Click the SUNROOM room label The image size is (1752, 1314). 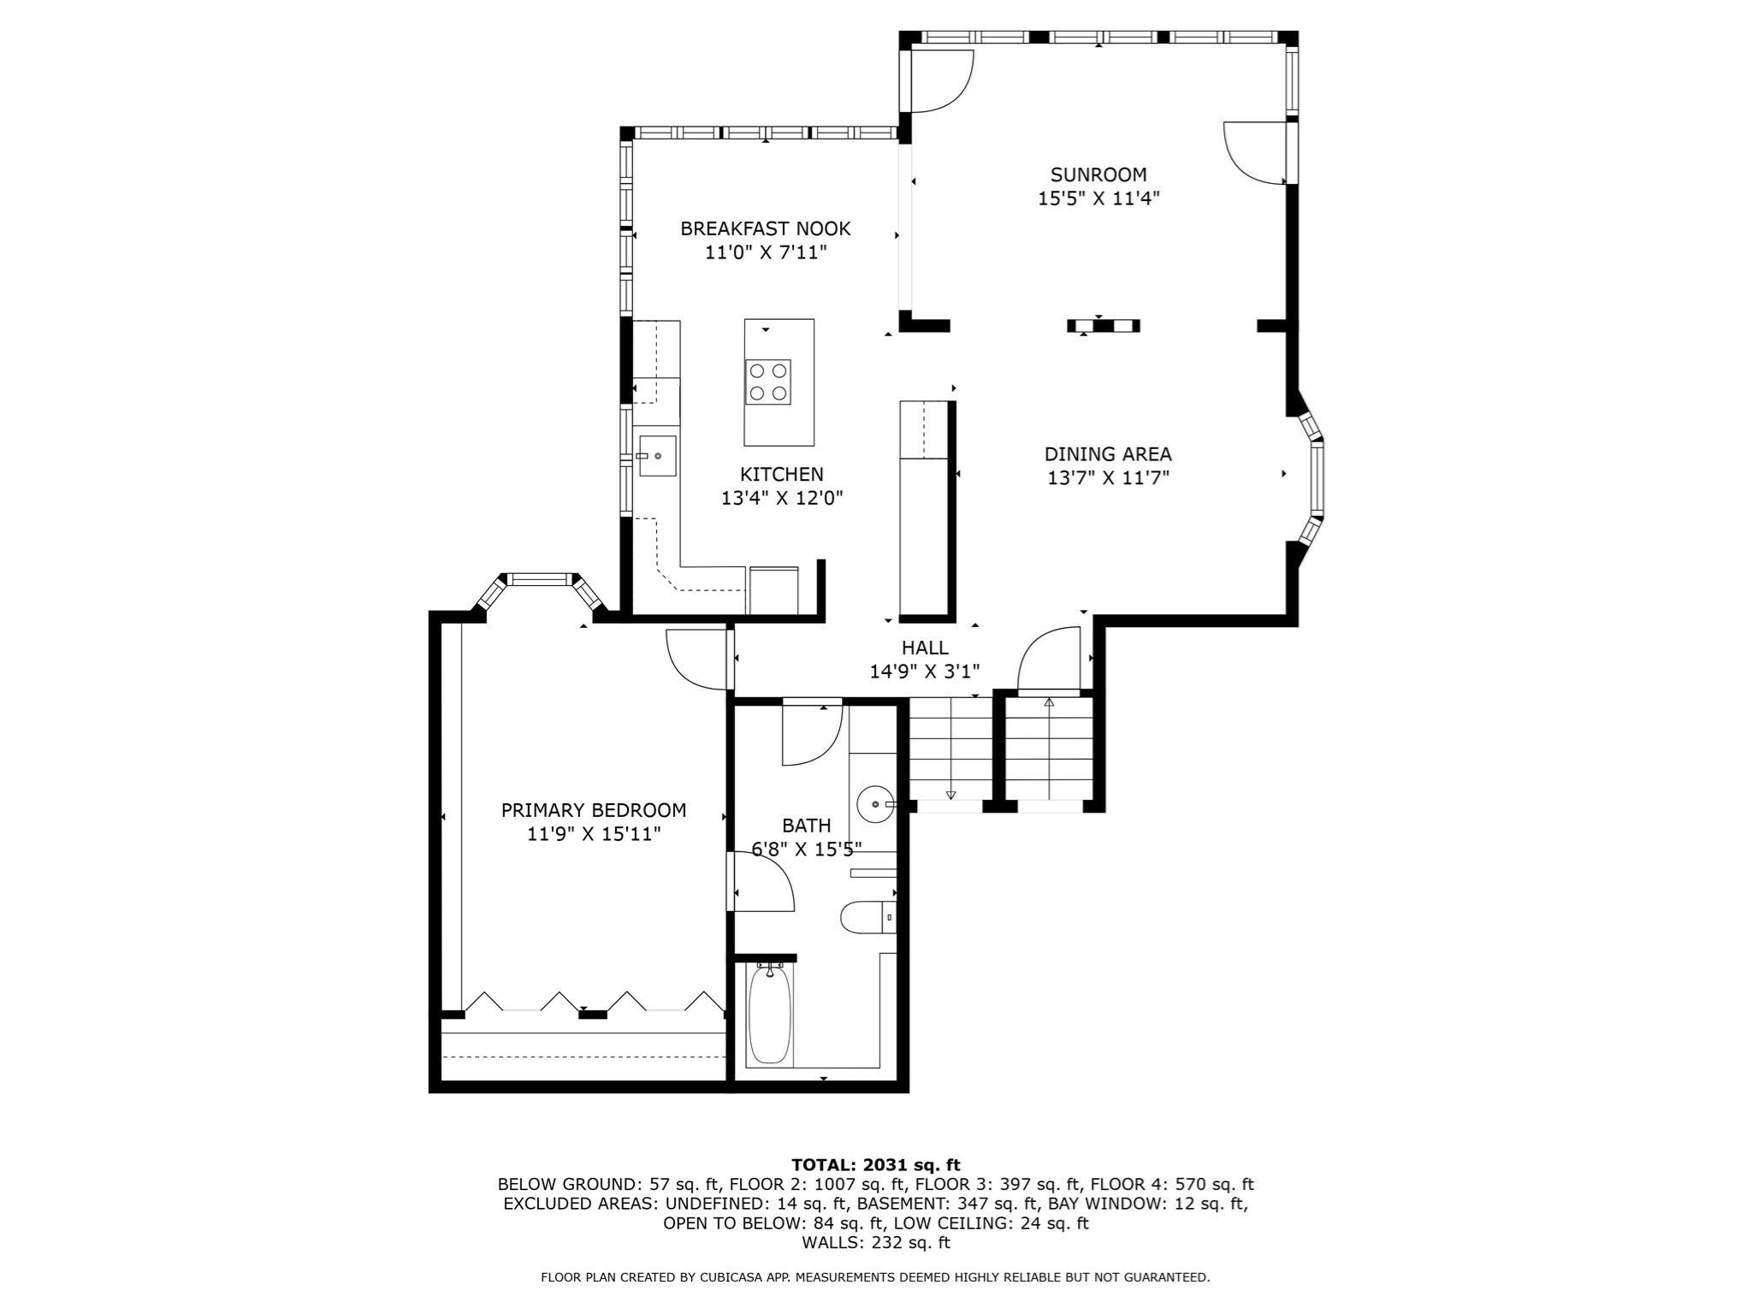1098,175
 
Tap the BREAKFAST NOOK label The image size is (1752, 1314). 765,228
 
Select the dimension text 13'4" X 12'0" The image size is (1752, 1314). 782,498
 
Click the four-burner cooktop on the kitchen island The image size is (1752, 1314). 767,382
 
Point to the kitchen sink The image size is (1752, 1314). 657,456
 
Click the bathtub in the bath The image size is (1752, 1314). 769,1015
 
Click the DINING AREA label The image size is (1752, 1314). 1108,454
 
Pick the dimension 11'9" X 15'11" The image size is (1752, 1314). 594,833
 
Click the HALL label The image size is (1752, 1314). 925,648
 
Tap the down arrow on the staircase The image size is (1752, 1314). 950,795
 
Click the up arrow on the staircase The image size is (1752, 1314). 1049,702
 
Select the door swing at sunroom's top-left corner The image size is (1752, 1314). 940,81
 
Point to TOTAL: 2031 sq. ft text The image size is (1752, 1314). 875,1164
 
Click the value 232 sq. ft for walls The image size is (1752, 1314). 910,1242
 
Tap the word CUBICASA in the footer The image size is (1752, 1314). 732,1277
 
